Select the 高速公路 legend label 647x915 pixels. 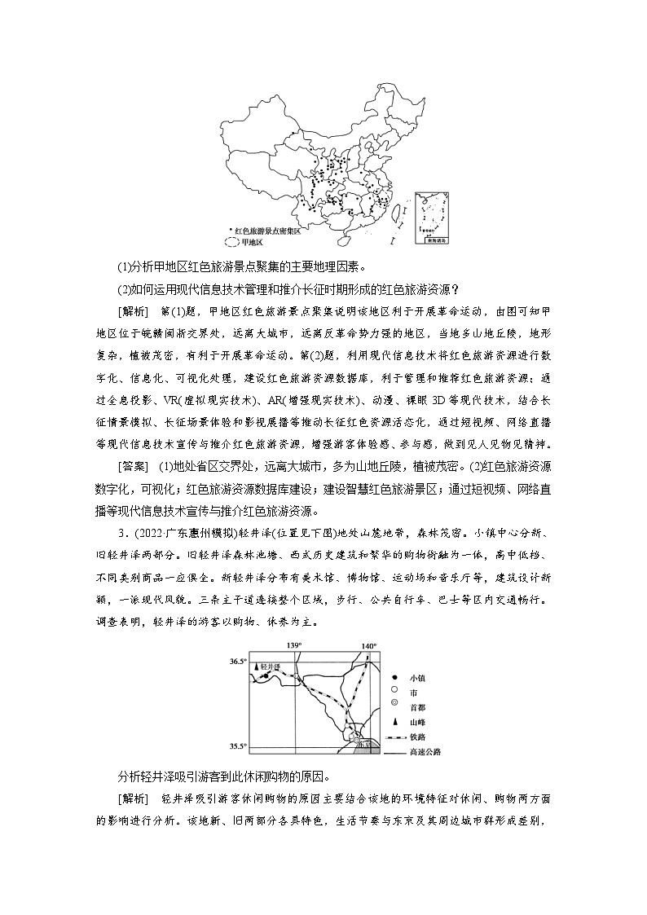pos(425,752)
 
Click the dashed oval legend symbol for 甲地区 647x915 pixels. pos(232,242)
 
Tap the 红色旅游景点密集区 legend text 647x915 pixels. pos(271,231)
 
